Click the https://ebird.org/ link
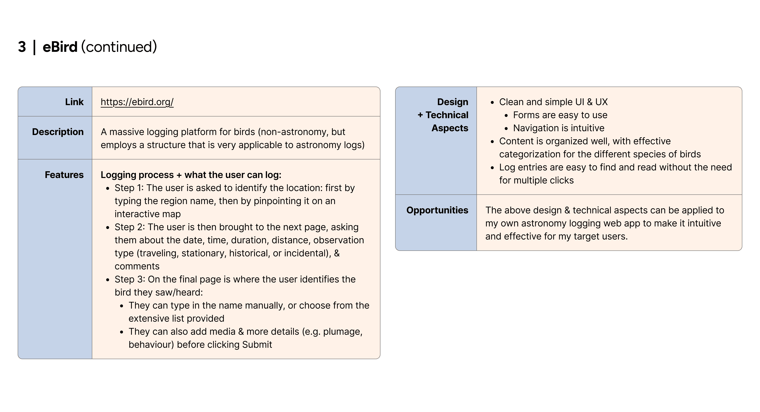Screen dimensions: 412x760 pos(137,102)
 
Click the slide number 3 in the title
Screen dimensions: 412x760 pos(22,47)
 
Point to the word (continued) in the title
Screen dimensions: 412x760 pos(119,47)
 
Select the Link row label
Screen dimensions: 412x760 pos(74,102)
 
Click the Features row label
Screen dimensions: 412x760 pos(64,175)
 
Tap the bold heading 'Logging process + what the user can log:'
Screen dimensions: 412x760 pos(191,175)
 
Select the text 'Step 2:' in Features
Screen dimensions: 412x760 pos(130,227)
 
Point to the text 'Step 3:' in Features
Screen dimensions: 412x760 pos(130,279)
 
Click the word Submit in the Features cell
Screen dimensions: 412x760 pos(257,344)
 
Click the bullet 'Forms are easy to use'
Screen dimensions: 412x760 pos(560,115)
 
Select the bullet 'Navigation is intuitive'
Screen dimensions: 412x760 pos(558,128)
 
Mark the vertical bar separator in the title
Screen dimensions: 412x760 pos(35,47)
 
